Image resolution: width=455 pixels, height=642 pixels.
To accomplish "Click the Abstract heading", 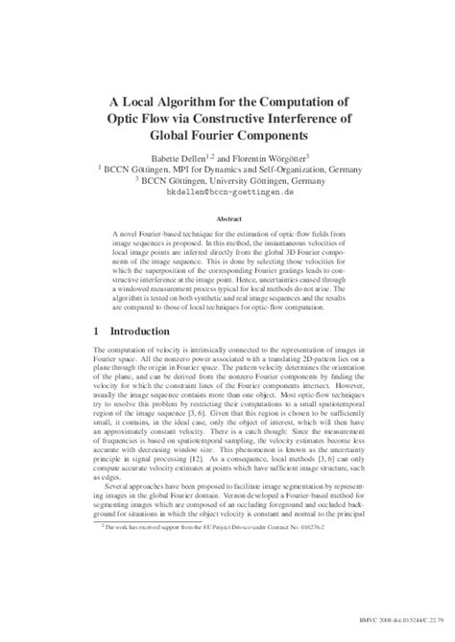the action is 227,218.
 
